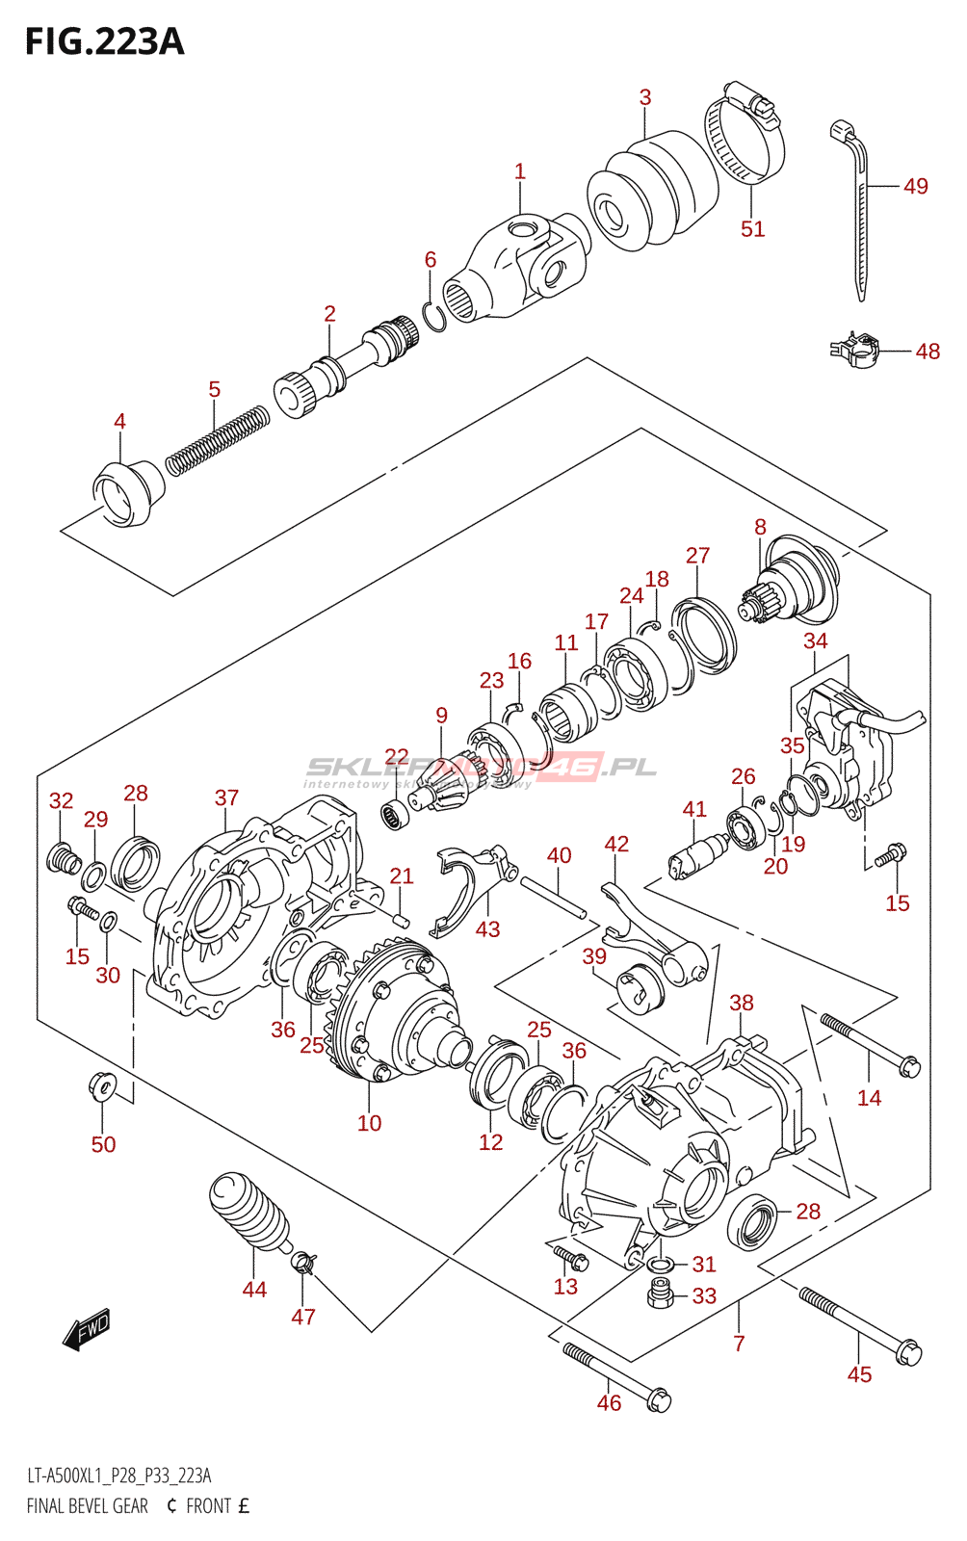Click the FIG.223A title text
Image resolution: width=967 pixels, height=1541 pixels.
tap(104, 41)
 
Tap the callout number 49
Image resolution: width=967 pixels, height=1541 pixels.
tap(916, 186)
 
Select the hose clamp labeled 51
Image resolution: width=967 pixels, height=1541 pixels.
tap(745, 135)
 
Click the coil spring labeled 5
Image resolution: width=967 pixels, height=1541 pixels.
tap(217, 439)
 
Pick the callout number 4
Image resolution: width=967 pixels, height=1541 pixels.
tap(119, 421)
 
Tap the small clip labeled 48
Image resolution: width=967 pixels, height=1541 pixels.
tap(854, 350)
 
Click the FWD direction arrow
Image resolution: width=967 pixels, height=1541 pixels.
tap(87, 1329)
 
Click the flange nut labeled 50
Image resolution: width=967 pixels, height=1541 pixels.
tap(101, 1086)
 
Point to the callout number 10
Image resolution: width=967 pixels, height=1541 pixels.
tap(369, 1123)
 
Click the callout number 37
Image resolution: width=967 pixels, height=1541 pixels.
tap(226, 797)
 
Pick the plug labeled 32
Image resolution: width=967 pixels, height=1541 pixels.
tap(62, 855)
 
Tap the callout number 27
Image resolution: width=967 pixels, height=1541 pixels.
tap(697, 556)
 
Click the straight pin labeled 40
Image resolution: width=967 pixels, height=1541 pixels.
tap(553, 895)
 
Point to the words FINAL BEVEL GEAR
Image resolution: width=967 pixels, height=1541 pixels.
tap(87, 1506)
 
